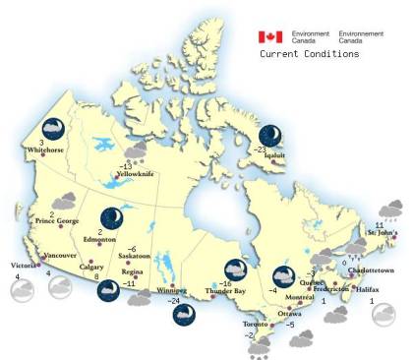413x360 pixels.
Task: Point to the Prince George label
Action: (x=57, y=221)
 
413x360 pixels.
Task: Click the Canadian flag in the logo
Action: (x=270, y=37)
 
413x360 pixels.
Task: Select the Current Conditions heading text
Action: (x=310, y=54)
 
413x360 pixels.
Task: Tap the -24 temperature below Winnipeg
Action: (x=174, y=301)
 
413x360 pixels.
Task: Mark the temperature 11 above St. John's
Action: (x=379, y=225)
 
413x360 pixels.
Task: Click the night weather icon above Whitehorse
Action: (x=51, y=128)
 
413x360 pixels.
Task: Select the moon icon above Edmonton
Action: (x=113, y=217)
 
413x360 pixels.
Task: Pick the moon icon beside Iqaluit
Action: (x=271, y=135)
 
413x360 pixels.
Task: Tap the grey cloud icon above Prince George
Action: (x=66, y=202)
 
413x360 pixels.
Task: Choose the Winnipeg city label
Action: (x=171, y=292)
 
